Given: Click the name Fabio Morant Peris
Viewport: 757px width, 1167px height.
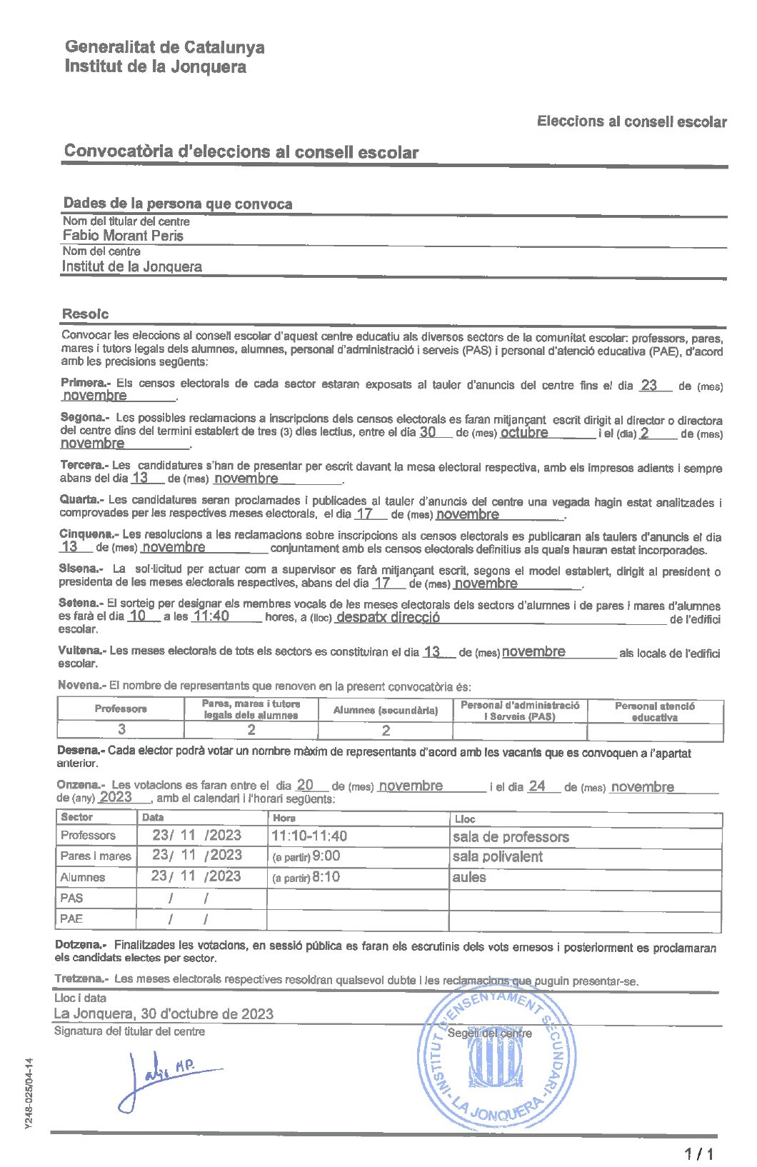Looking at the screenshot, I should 123,236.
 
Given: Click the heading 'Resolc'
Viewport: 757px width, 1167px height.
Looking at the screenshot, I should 86,314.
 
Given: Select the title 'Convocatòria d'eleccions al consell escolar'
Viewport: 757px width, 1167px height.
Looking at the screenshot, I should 241,151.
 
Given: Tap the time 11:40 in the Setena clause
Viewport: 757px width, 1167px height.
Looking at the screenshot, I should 211,616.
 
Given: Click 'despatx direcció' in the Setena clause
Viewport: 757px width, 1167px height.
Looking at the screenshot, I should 388,617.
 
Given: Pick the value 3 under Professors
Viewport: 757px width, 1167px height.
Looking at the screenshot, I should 121,729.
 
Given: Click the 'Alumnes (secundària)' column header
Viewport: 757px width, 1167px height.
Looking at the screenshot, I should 385,710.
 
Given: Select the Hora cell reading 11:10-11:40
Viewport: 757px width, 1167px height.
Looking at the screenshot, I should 309,836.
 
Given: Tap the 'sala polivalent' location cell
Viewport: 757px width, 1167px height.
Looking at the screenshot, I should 498,856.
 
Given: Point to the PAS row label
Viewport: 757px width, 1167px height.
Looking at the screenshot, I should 71,898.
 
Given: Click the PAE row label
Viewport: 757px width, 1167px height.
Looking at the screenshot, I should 71,918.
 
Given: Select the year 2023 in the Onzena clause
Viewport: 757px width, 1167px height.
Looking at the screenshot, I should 116,797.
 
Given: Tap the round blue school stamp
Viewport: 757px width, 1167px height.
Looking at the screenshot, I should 496,1059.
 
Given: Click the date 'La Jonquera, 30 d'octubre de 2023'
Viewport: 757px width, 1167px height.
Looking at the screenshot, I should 164,1013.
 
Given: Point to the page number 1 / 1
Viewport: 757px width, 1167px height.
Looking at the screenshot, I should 699,1153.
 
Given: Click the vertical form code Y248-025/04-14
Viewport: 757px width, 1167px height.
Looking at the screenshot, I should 29,1093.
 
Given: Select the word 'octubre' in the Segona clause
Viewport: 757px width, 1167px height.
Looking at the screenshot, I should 524,432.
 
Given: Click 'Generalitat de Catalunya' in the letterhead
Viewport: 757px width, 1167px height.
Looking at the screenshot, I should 164,47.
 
